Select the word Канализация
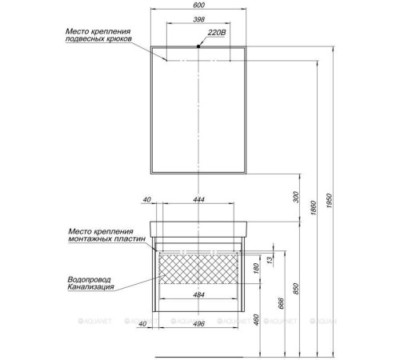tap(92, 287)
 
